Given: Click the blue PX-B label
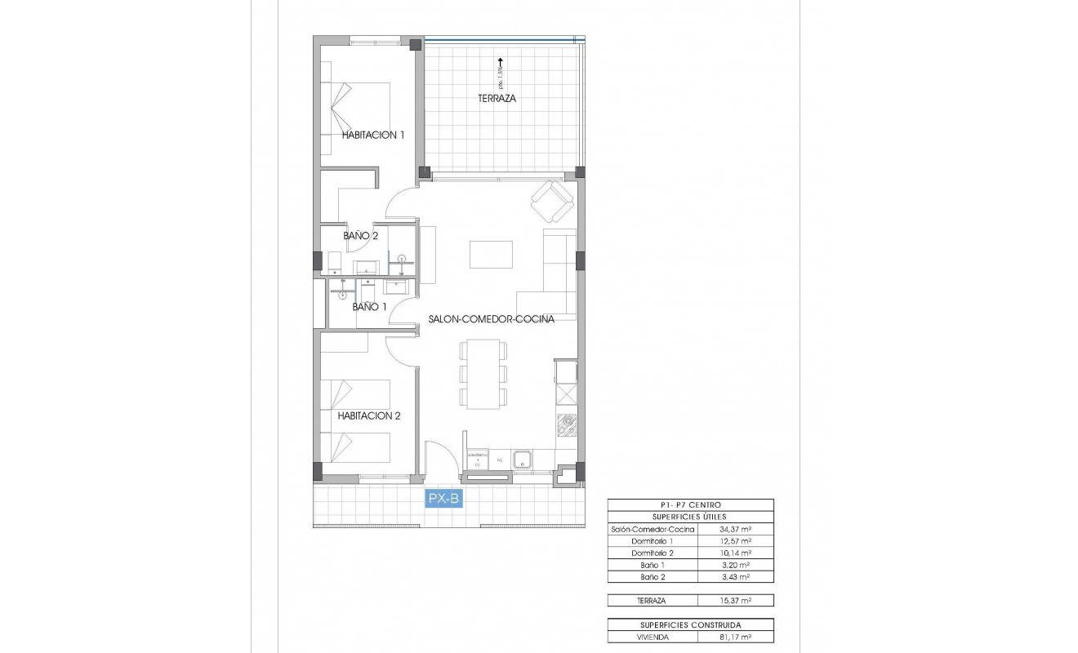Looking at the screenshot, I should tap(443, 498).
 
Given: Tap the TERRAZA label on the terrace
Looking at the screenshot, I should tap(497, 98).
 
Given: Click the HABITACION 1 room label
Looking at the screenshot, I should tap(372, 135).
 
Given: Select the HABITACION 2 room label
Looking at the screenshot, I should tap(369, 415).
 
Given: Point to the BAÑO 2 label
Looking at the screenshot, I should tap(360, 235).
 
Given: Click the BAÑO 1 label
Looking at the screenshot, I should tap(369, 307).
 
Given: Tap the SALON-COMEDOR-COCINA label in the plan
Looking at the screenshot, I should tap(492, 319).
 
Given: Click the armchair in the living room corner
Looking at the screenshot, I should tap(552, 201).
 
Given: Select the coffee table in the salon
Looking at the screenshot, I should tap(491, 254).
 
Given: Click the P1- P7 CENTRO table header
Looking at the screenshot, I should tap(691, 505).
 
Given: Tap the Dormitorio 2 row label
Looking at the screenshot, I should tap(653, 553).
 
